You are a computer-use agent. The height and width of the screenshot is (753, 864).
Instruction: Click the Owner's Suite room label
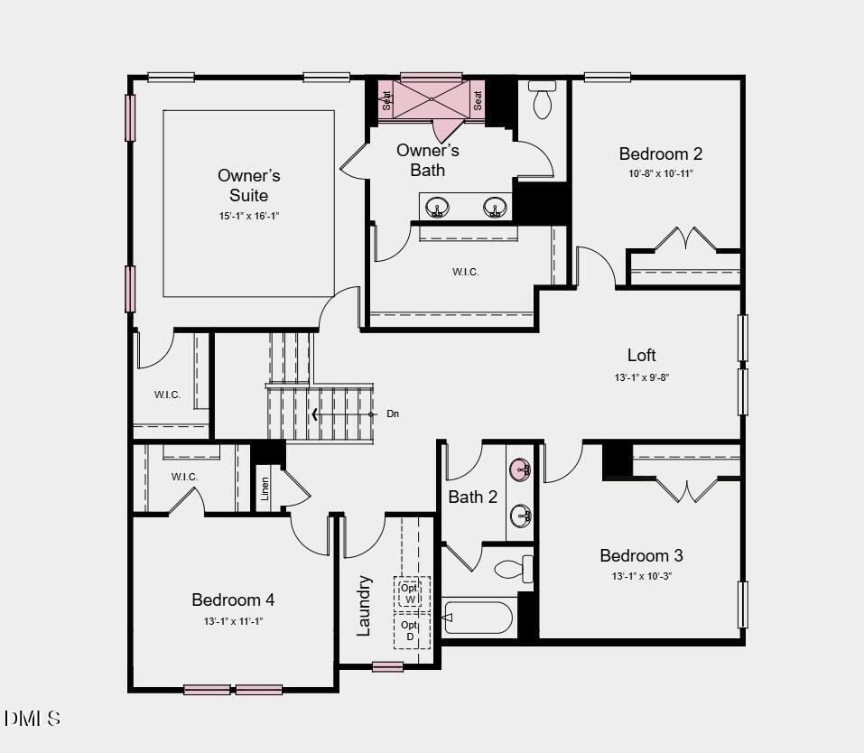248,185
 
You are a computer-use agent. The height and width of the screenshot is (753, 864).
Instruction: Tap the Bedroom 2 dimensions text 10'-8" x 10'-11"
661,173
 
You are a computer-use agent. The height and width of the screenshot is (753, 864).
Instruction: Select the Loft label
642,355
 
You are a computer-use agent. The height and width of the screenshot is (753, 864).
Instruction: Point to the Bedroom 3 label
641,555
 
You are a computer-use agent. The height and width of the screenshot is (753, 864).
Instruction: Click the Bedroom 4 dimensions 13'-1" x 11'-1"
233,621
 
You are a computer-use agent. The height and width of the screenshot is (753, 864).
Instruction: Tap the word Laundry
364,605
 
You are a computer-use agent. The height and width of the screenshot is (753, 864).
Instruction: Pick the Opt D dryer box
411,630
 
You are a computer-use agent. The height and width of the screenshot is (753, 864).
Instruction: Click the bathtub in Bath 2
478,618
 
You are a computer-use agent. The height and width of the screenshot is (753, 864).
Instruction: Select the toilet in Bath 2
514,570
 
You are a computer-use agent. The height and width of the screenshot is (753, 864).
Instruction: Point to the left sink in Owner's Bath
437,207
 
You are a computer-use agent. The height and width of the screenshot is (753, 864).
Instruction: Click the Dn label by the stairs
393,414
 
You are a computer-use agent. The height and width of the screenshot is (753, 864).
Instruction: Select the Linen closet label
265,488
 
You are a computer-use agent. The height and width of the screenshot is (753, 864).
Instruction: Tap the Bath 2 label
472,497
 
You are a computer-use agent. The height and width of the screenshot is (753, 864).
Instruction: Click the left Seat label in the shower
386,100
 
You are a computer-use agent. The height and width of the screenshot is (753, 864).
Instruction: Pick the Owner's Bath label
427,160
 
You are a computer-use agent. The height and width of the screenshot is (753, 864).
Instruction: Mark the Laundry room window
387,667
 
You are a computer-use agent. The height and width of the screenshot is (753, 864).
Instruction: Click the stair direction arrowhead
315,414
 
